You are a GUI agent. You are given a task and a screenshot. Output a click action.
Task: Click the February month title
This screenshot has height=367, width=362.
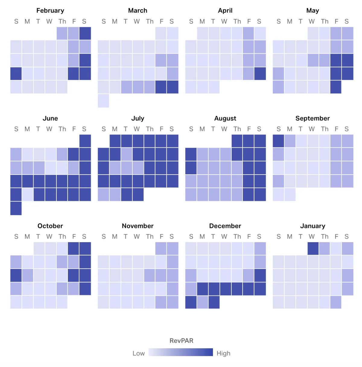point(50,11)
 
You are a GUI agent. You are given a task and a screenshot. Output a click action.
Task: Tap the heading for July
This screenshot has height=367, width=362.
point(138,118)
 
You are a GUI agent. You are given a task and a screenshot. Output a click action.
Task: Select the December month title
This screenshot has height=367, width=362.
point(225,226)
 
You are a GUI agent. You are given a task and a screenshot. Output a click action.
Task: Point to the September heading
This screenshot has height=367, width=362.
point(313,118)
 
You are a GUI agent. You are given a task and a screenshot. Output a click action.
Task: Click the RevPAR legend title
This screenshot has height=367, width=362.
point(181,340)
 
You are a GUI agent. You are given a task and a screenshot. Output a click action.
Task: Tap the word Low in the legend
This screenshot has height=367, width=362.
point(138,353)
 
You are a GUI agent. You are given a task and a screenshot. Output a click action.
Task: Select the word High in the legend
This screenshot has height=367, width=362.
point(223,353)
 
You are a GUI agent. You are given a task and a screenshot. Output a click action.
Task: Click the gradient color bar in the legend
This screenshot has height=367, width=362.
point(181,352)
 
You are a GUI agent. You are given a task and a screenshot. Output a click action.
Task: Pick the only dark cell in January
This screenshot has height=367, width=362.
point(313,248)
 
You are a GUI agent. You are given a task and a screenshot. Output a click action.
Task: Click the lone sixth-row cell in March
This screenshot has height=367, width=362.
point(103,101)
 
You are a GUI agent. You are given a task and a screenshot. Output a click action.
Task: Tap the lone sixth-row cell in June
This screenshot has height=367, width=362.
point(16,208)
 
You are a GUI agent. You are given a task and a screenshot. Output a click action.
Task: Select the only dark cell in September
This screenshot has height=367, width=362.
point(278,141)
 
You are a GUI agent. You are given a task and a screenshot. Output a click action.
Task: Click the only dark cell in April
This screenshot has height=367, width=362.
point(260,74)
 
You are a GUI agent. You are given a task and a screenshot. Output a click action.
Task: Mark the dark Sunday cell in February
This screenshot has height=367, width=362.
point(16,74)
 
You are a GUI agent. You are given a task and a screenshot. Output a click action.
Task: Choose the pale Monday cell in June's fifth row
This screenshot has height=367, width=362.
point(27,195)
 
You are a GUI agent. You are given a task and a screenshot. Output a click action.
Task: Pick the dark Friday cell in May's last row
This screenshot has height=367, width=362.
point(336,87)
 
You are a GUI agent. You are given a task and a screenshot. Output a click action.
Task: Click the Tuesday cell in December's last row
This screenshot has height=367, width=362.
point(214,302)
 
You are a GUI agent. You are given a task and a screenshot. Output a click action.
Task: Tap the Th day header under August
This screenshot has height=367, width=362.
point(237,129)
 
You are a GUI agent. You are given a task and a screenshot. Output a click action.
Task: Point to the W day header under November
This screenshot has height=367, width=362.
point(137,237)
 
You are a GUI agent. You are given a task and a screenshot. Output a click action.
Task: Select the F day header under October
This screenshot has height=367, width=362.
point(74,237)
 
